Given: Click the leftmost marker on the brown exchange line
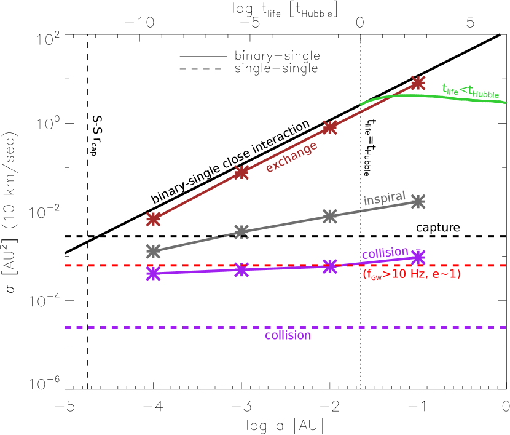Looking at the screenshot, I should (154, 218).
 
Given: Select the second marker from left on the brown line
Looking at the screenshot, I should (241, 172).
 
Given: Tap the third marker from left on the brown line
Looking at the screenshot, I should (330, 127).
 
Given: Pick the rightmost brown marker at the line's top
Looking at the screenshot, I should (418, 82).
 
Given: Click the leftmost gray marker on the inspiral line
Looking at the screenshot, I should (154, 250).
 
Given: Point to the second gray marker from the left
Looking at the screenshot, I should (241, 232).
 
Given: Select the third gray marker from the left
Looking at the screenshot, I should (330, 216).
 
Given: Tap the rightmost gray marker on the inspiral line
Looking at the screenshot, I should (418, 201).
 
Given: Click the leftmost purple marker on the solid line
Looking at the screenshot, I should (154, 274).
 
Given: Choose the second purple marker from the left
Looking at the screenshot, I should (241, 270).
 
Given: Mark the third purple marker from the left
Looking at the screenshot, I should (330, 266).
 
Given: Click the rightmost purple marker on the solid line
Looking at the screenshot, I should (418, 257).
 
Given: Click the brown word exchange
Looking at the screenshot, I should (291, 157).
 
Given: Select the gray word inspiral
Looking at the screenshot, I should (385, 199).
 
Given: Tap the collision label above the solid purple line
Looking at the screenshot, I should (385, 253).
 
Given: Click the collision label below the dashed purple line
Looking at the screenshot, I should (288, 336).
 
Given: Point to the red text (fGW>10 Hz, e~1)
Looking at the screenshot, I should (412, 274).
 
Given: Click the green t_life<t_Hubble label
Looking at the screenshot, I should (471, 90).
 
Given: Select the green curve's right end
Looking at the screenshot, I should (506, 103).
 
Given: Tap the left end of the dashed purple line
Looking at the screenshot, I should (66, 327).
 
